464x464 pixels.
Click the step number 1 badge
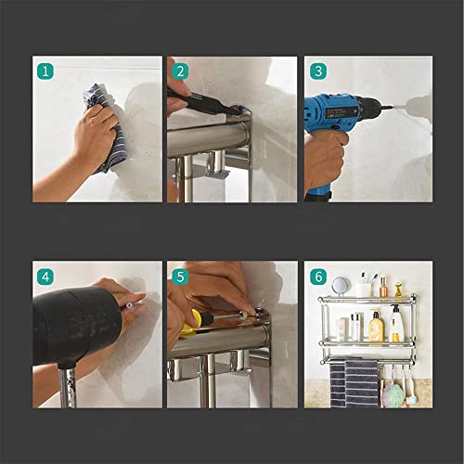pos(45,70)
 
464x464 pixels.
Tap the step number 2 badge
pos(180,70)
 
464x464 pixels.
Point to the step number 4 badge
pos(45,275)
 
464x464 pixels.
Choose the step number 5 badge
pos(180,275)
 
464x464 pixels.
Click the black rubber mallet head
pos(74,325)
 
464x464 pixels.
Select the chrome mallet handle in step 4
pos(67,386)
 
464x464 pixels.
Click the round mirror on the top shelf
pos(341,286)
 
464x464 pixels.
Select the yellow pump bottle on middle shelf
pos(376,327)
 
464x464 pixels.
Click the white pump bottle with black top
pos(396,325)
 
